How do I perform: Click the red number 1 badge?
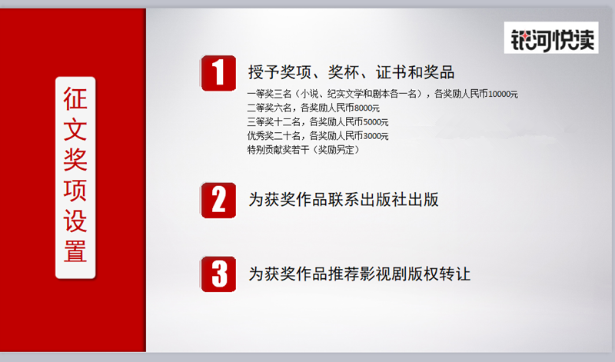coord(218,73)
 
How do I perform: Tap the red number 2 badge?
coord(218,201)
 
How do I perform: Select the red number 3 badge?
coord(218,274)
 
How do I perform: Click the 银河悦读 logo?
coord(551,38)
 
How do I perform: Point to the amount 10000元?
coord(503,94)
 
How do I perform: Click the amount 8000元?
coord(367,108)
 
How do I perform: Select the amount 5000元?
coord(376,122)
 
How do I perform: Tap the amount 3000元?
coord(376,136)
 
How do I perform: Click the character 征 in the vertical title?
coord(75,99)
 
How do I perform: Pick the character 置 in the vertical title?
coord(75,251)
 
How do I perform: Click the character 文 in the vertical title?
coord(75,129)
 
